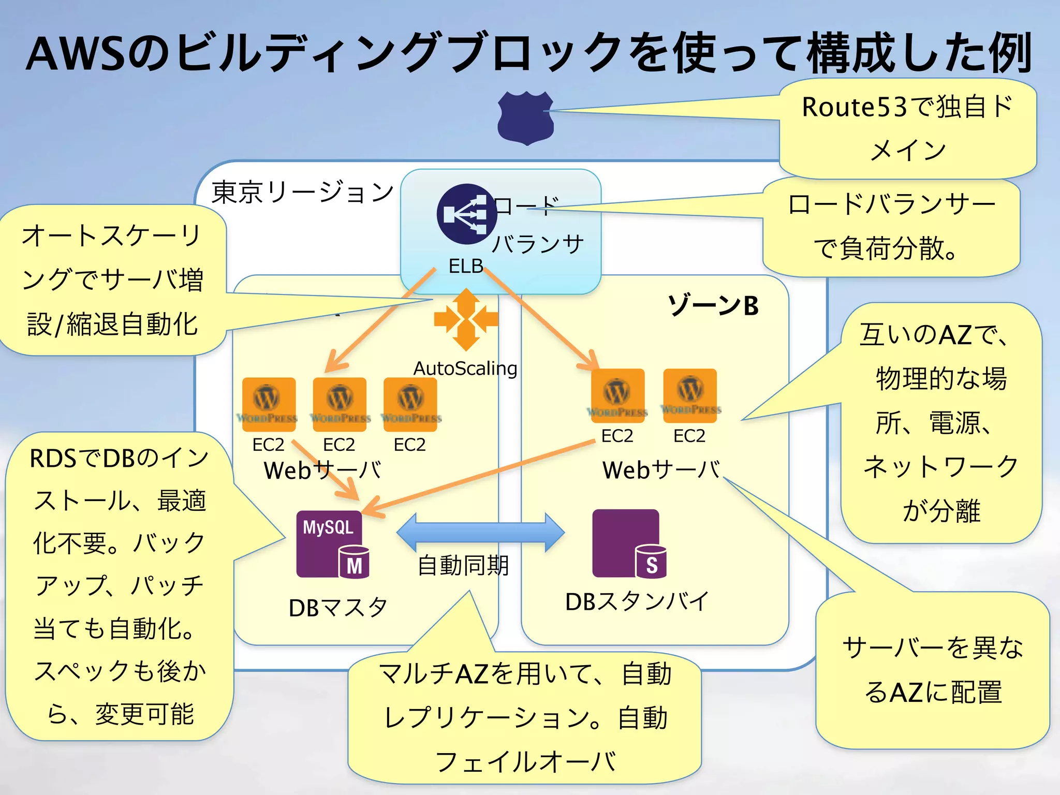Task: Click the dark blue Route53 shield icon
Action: pos(525,118)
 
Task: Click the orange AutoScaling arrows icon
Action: pos(466,319)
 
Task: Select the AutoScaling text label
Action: pos(465,369)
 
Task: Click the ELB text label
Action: pos(465,266)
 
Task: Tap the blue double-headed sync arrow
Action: pos(480,533)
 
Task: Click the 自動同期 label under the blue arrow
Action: pos(463,565)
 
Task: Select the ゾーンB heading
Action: pos(713,305)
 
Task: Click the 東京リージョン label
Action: pos(303,192)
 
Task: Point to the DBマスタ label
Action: pos(337,608)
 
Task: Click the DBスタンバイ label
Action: pos(637,601)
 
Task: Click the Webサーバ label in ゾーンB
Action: pos(661,470)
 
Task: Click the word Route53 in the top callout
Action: pos(854,107)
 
